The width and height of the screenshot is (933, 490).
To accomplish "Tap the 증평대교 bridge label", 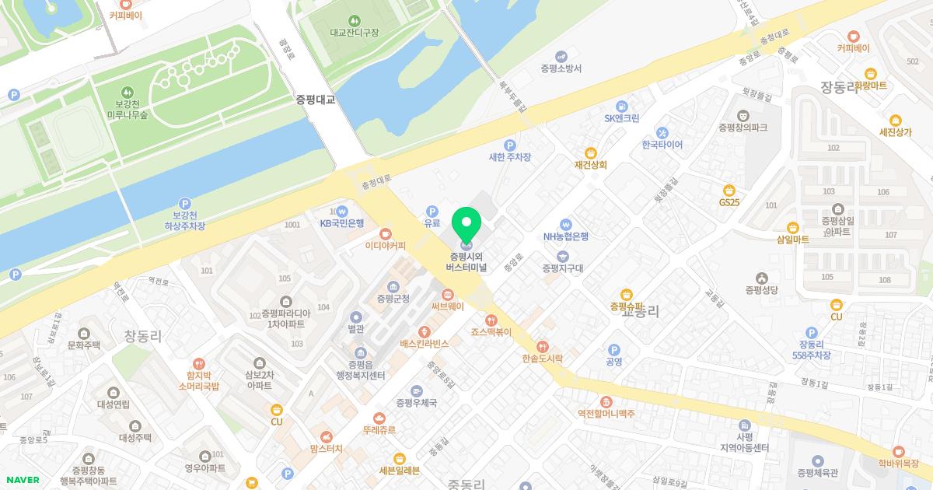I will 315,100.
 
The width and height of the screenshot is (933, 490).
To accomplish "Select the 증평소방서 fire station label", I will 561,68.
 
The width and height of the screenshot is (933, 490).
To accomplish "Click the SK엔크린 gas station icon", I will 622,106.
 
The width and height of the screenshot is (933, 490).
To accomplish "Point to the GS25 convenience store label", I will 729,202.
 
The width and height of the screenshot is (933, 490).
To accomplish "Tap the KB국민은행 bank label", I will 342,223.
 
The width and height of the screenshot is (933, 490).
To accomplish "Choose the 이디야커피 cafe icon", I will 386,233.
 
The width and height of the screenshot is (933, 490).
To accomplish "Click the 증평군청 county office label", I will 393,298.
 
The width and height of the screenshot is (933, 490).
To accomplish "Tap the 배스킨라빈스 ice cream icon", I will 425,332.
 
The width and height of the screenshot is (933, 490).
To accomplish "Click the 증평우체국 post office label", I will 417,403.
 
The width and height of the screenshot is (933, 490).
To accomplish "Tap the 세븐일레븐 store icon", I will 400,458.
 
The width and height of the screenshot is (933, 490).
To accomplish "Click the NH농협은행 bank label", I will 566,237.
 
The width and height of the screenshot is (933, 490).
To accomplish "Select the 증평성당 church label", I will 761,291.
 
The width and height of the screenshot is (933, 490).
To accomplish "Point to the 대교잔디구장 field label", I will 354,33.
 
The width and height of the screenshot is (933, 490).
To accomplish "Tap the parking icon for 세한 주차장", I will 510,145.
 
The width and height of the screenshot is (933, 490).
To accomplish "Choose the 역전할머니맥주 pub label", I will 606,414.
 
